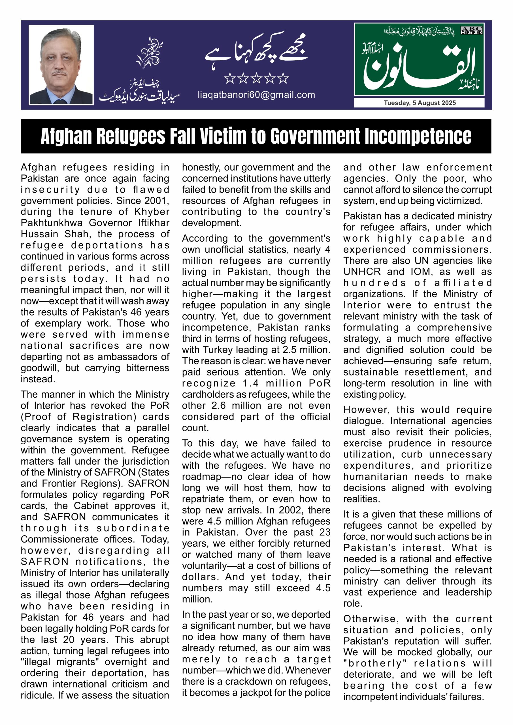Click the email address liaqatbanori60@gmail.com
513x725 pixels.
click(256, 95)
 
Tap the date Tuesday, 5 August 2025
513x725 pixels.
click(420, 103)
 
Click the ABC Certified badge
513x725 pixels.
click(471, 30)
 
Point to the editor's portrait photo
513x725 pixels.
click(61, 65)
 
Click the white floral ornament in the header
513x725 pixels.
click(149, 52)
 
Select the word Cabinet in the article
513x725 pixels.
click(92, 506)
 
